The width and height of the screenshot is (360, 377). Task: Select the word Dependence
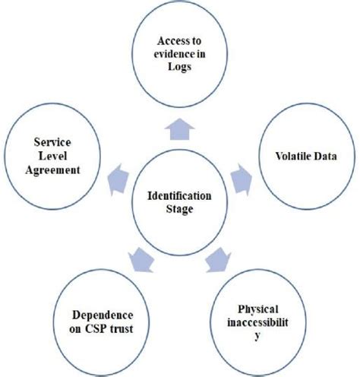point(103,315)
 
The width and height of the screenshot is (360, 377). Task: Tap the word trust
point(129,329)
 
